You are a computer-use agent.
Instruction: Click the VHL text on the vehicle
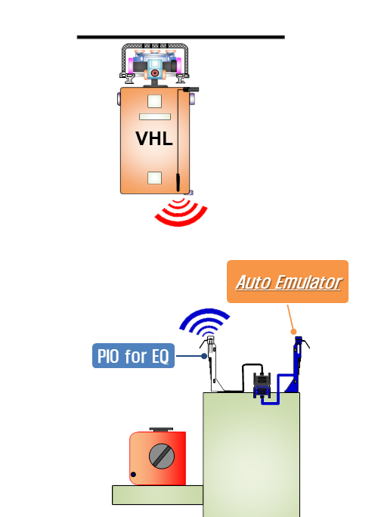pos(154,138)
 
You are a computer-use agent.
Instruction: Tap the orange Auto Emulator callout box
pos(287,282)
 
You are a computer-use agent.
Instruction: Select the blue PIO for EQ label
pos(133,356)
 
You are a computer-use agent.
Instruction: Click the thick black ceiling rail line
pos(181,37)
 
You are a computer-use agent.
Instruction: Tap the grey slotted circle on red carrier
pos(162,457)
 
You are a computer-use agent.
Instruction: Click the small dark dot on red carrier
pos(133,475)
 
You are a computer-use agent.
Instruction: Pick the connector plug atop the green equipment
pos(262,385)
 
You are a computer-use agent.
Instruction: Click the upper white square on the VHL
pos(154,101)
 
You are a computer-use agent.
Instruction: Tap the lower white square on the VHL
pos(154,178)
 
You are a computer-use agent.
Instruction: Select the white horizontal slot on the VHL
pos(155,116)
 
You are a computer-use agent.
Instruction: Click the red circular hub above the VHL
pos(154,73)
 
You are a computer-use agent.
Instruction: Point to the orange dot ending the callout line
pos(293,331)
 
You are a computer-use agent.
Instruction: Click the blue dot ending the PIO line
pos(204,356)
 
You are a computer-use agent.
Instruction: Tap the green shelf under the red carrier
pos(158,495)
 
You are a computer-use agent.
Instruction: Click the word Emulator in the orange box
pos(308,282)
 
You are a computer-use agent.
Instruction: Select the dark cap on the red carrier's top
pos(161,429)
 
